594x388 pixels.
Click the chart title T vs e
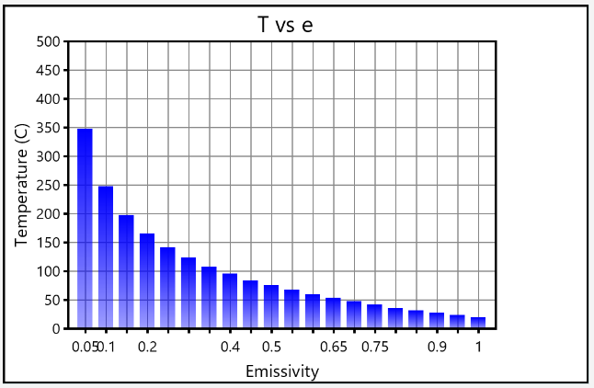285,24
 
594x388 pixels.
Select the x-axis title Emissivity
282,371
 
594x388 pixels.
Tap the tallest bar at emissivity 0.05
85,230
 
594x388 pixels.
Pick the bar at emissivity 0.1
106,257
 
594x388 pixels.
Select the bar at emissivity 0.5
271,307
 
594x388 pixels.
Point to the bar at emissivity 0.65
333,314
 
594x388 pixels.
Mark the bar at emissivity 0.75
374,316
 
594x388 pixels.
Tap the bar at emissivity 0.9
437,321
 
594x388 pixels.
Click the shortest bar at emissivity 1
478,323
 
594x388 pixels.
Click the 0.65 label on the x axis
333,347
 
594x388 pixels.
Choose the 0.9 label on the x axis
437,347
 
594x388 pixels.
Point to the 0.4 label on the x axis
230,347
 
